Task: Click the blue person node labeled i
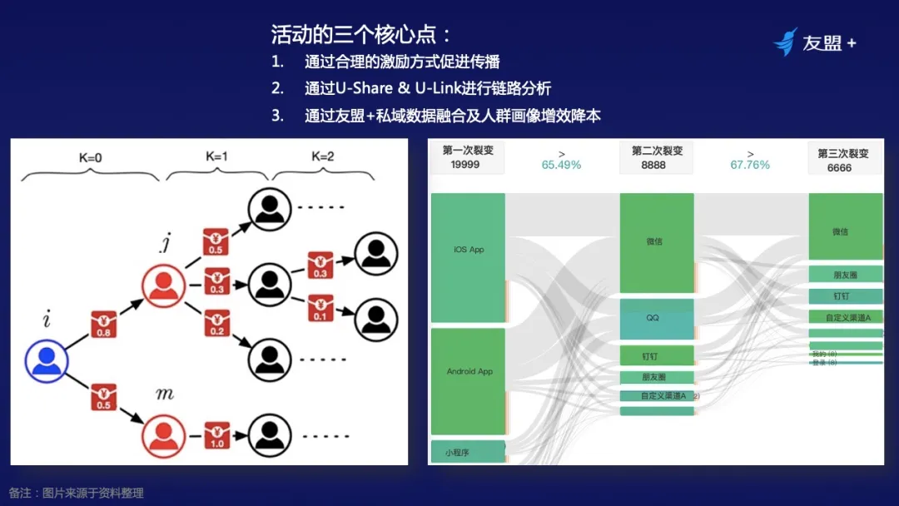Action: click(x=47, y=360)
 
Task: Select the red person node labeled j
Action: click(x=164, y=285)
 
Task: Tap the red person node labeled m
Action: click(x=164, y=435)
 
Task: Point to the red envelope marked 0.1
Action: click(x=320, y=309)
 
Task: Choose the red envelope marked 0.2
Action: click(x=216, y=322)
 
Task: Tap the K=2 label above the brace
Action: click(x=322, y=156)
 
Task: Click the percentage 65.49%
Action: click(x=562, y=165)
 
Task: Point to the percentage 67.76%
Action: click(x=750, y=165)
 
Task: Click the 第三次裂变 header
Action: click(x=844, y=152)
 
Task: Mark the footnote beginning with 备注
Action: click(x=77, y=493)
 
